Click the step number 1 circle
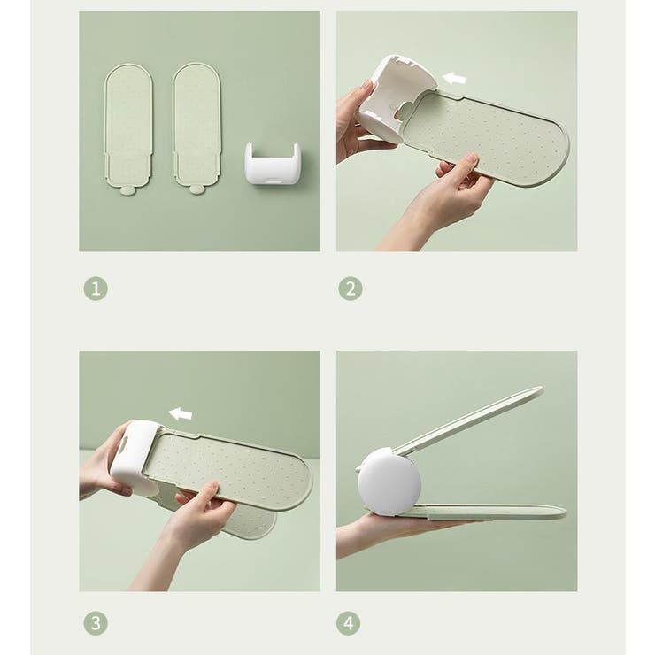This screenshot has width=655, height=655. (96, 289)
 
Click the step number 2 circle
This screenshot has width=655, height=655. (351, 289)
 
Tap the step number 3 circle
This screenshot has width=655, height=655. (96, 624)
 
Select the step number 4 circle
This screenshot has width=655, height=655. (349, 624)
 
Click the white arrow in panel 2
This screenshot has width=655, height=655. (454, 78)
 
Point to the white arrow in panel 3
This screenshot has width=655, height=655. (180, 413)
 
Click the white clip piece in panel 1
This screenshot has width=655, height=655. (272, 163)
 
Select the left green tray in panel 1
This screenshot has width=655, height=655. (128, 126)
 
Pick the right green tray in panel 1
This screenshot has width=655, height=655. (196, 125)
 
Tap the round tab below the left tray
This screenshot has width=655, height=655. (127, 191)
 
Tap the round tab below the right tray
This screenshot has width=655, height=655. (195, 190)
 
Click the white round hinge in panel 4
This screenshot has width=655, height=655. (389, 481)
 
